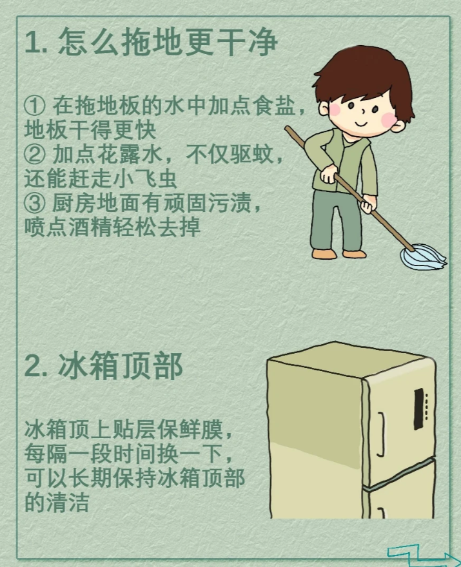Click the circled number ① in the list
[35, 105]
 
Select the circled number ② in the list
[35, 155]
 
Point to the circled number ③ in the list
[35, 203]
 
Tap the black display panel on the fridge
[419, 409]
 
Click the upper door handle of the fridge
[380, 434]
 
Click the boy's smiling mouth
[362, 124]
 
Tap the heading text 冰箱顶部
[120, 366]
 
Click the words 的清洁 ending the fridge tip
[57, 503]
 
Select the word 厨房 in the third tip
[74, 203]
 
